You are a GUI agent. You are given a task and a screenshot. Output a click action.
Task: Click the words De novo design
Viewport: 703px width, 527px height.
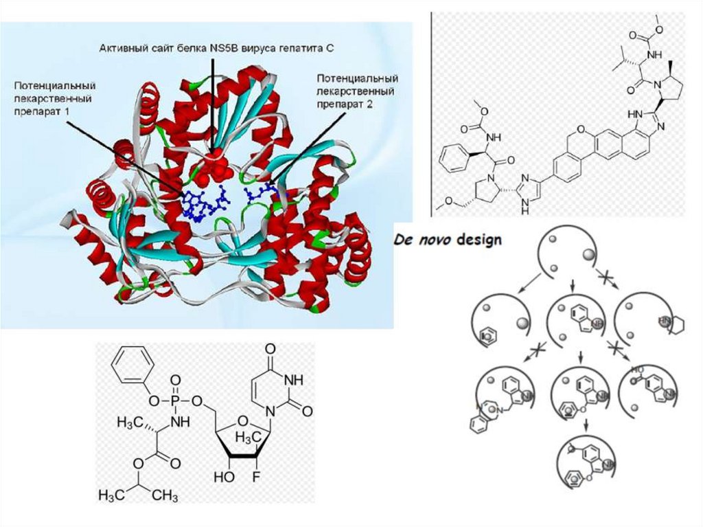tap(448, 240)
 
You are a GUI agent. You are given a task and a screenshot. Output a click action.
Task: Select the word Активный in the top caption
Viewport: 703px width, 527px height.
tap(123, 47)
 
